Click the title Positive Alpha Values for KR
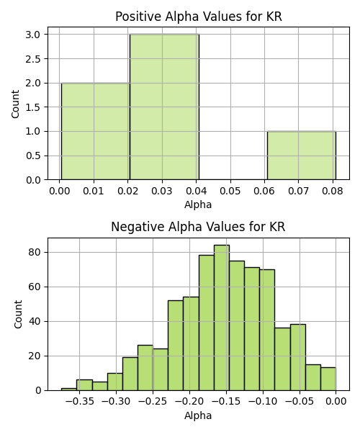(198, 17)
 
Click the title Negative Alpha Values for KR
(198, 227)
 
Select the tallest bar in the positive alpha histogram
(164, 107)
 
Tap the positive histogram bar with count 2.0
(96, 131)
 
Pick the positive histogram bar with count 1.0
(302, 156)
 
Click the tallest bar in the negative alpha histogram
(222, 318)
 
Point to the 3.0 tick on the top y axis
(33, 35)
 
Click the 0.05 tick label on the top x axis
(230, 191)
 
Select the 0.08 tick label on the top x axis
(333, 191)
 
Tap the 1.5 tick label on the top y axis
(33, 107)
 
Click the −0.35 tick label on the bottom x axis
(80, 402)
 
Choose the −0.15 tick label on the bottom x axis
(226, 402)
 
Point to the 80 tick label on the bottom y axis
(35, 252)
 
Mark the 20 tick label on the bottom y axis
(35, 356)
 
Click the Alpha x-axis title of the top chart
(198, 204)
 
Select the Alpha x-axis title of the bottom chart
(198, 415)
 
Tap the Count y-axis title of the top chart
(15, 104)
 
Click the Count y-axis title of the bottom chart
(18, 314)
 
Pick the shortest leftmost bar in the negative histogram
(69, 390)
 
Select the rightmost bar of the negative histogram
(328, 379)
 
